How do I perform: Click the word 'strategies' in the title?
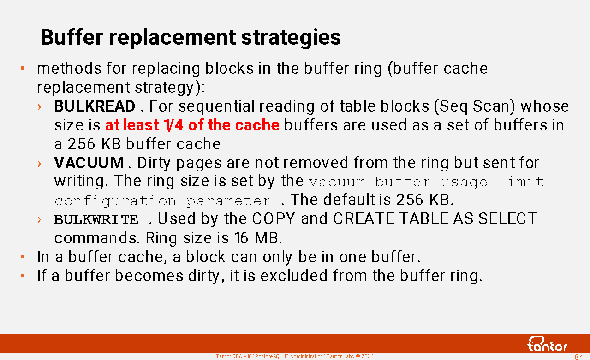point(291,38)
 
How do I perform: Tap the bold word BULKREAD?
point(95,106)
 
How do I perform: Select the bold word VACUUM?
point(89,163)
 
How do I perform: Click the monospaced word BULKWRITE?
point(96,219)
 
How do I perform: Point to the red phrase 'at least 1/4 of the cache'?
point(192,125)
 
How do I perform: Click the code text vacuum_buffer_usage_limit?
point(427,182)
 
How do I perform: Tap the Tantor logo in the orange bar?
point(548,344)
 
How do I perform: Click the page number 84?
point(578,357)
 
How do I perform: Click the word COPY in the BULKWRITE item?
point(273,218)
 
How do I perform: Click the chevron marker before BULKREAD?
point(39,107)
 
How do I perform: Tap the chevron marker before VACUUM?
point(39,164)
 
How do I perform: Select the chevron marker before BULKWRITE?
point(39,219)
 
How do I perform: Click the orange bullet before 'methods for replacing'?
point(23,68)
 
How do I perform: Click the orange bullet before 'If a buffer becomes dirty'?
point(23,276)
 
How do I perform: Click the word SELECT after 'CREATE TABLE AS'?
point(507,218)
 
